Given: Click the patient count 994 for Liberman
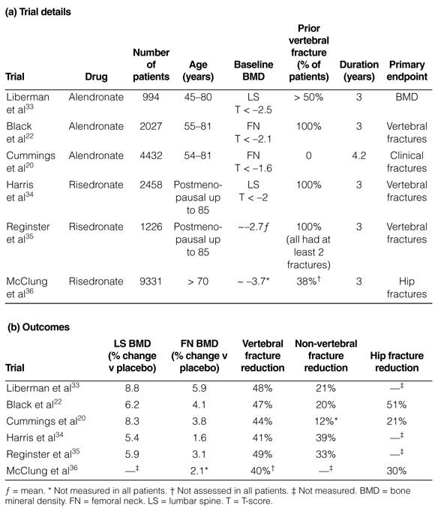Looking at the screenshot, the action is pos(151,97).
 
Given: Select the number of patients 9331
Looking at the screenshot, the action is pos(151,281).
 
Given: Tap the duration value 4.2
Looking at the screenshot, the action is pos(358,155).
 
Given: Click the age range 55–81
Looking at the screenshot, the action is pos(197,126).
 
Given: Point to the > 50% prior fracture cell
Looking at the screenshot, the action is pos(308,97).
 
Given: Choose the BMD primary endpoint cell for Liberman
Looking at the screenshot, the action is pos(406,97).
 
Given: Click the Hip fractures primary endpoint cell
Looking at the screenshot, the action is pos(406,288).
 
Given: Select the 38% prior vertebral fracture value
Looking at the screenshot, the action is pos(308,281).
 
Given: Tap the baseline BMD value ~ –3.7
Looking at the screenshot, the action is pos(253,281).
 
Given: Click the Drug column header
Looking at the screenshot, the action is pos(96,77).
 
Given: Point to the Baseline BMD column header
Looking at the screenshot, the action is pos(253,71).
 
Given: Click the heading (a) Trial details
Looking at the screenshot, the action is pos(38,12).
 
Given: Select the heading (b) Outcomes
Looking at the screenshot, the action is pos(38,327).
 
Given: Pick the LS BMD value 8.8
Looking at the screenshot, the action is pos(132,388).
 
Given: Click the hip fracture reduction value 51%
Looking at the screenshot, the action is pos(397,405).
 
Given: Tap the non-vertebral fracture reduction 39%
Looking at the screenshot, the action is pos(325,438).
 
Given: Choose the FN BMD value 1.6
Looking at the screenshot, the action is pos(199,438).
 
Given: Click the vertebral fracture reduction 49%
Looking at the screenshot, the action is pos(262,454).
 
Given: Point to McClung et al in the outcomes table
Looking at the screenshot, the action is pos(42,471).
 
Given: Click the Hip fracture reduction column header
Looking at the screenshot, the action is pos(397,362).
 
